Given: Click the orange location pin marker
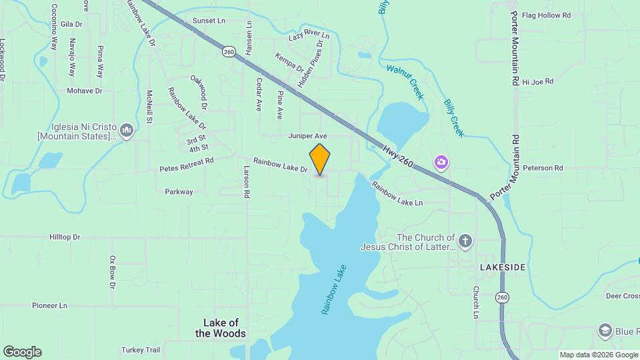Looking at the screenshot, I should [320, 159].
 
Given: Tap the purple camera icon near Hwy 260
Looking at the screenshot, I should [441, 162].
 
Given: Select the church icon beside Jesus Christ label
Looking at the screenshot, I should [465, 241].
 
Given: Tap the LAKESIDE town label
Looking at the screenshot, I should [503, 267].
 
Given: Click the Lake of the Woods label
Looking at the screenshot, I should [221, 328].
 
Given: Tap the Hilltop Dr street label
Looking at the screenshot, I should [65, 237].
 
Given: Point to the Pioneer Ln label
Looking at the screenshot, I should [50, 305].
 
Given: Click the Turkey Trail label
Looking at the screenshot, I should [141, 350].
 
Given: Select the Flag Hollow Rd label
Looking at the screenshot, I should [547, 15].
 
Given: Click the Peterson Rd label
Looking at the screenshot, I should [543, 168].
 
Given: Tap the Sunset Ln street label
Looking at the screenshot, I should [209, 21].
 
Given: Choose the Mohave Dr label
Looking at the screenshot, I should [85, 91].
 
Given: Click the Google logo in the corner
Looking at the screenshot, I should [22, 352].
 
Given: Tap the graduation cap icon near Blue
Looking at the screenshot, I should [605, 331].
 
